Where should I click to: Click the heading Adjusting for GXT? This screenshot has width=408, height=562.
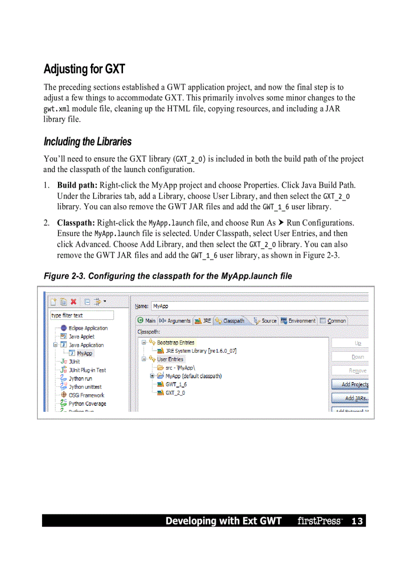pos(84,69)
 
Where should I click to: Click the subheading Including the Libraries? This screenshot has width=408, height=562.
pos(87,142)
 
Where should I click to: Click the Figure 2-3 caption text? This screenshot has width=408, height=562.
pos(167,276)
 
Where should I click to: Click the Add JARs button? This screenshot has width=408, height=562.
pos(350,398)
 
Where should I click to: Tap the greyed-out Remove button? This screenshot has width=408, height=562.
pos(350,371)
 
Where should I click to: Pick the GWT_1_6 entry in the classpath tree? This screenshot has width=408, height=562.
pos(175,384)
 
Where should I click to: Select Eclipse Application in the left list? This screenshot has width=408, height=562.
pos(88,328)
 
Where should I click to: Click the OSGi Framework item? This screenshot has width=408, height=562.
pos(86,395)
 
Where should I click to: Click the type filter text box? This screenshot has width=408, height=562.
pos(81,315)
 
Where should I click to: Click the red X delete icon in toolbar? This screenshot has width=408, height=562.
pos(73,302)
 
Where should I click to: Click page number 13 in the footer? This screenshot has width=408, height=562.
pos(356,521)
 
